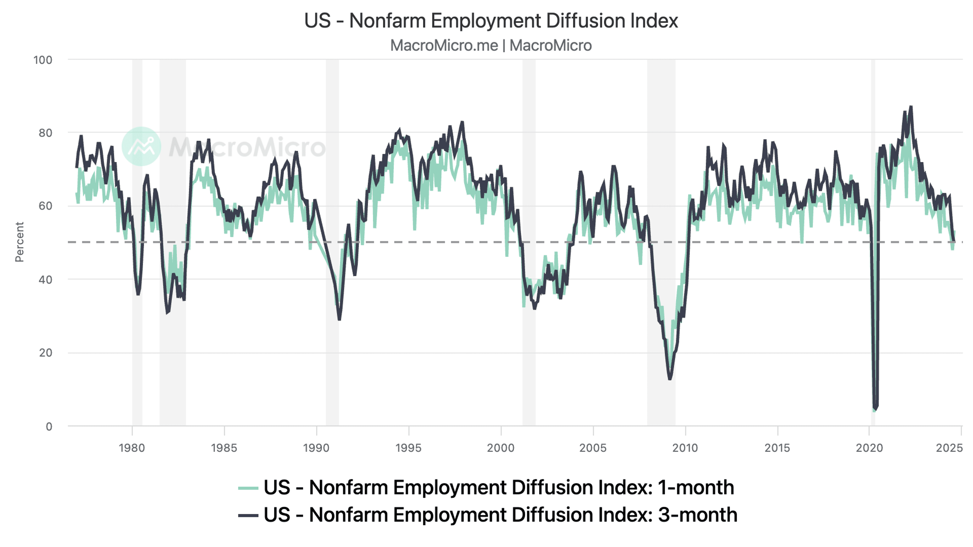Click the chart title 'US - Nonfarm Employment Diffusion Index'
(491, 21)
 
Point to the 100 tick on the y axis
(43, 60)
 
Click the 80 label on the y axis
(45, 133)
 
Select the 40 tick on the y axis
(45, 280)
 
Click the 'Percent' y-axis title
(19, 242)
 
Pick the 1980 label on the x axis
(132, 448)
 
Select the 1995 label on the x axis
(408, 448)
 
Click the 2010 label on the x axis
(685, 448)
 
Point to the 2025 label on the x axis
(949, 448)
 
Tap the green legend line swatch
(248, 488)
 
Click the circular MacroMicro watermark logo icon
(141, 146)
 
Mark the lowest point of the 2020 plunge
(874, 408)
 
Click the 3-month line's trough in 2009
(670, 379)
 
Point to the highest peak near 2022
(911, 107)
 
